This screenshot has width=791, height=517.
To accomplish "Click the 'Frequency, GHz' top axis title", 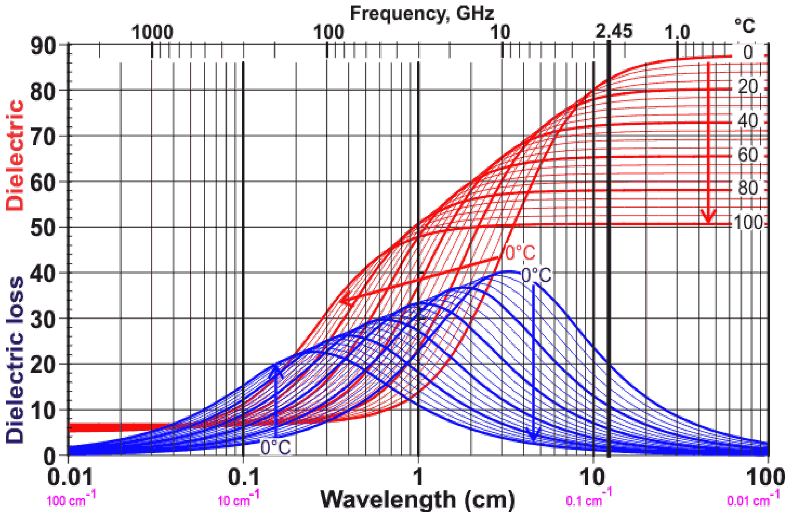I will (x=422, y=14).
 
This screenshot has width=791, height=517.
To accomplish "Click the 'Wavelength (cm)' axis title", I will (x=417, y=499).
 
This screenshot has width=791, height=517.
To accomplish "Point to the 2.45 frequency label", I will (x=613, y=32).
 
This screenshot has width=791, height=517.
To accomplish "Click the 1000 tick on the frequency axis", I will (x=152, y=33).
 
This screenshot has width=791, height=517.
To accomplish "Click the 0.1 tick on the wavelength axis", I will (x=244, y=478).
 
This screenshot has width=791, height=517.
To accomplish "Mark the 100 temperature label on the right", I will (x=748, y=222).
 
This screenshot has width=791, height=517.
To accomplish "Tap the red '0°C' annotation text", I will (x=520, y=253).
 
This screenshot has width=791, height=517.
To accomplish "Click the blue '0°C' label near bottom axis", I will (x=275, y=447).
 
